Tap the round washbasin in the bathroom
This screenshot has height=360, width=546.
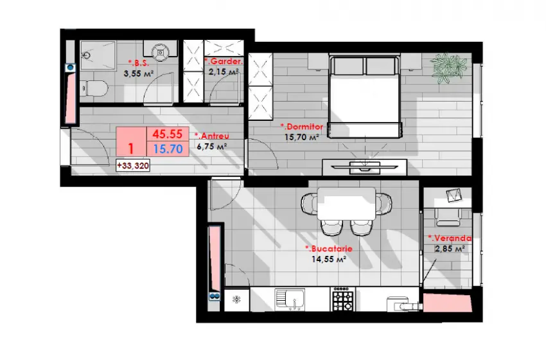click(161, 51)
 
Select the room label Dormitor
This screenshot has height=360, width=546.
click(302, 127)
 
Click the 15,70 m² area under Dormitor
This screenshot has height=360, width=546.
click(301, 138)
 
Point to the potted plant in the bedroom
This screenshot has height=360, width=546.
click(448, 68)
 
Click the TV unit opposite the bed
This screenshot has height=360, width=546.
click(365, 167)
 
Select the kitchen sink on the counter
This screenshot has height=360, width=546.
click(290, 300)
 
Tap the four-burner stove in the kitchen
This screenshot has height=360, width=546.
click(343, 300)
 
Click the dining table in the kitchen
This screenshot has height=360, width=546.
click(346, 204)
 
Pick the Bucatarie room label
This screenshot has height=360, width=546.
click(329, 249)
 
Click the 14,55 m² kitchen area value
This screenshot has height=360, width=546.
click(328, 259)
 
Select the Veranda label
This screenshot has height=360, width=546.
click(450, 239)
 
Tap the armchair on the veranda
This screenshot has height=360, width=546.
click(449, 217)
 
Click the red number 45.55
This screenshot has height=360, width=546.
click(168, 134)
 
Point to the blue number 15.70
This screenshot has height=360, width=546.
click(168, 149)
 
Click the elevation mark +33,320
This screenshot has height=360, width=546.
click(133, 166)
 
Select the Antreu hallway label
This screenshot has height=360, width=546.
click(212, 136)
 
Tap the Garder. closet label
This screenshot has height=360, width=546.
click(224, 62)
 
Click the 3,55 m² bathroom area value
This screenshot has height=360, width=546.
click(138, 73)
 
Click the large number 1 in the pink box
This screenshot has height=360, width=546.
click(131, 148)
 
